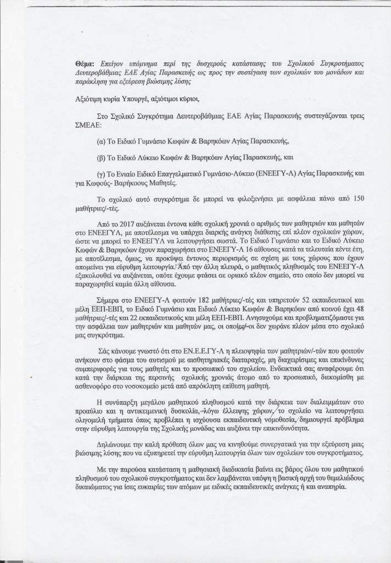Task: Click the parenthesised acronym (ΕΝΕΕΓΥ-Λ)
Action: point(255,173)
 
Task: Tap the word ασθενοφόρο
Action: point(91,387)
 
